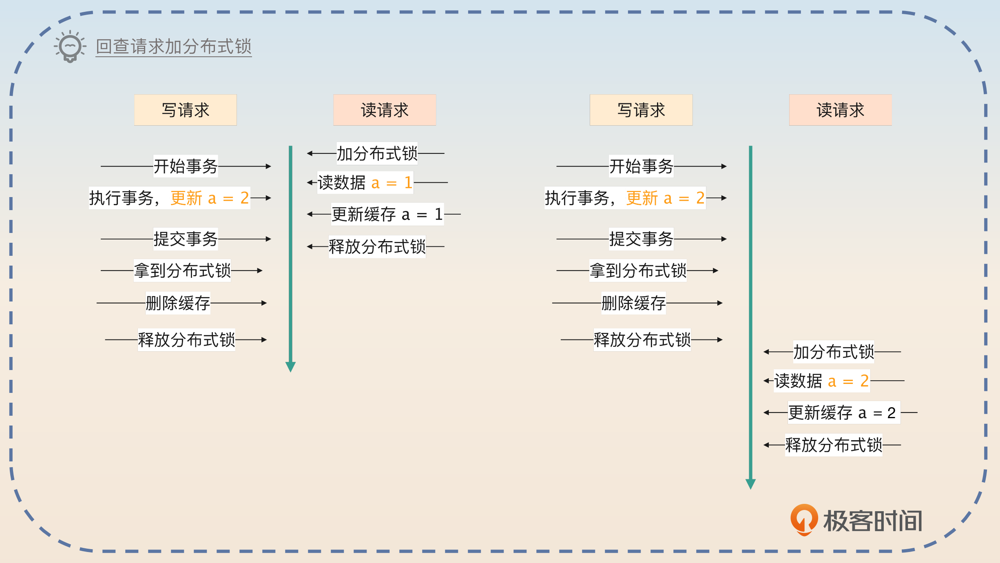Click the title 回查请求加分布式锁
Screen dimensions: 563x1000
[174, 47]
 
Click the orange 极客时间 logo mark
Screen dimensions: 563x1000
[804, 520]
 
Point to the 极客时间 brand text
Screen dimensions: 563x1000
[873, 521]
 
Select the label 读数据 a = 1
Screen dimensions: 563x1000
[365, 183]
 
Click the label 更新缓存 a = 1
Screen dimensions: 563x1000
[387, 214]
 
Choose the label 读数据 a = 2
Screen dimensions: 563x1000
[821, 381]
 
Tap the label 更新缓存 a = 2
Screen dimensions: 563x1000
[843, 413]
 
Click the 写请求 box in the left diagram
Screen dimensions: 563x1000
[186, 110]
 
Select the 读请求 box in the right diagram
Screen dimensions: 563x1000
[841, 110]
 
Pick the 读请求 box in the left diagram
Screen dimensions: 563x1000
[385, 110]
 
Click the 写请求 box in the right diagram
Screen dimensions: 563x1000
[641, 110]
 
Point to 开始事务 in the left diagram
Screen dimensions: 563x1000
[186, 166]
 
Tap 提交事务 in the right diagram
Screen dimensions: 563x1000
[641, 239]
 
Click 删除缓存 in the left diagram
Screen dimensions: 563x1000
[178, 303]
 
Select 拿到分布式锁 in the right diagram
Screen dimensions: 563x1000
[638, 270]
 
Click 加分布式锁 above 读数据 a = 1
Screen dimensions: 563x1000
[377, 154]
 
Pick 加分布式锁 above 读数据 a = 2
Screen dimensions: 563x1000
[834, 352]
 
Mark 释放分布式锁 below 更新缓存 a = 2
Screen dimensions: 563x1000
[834, 445]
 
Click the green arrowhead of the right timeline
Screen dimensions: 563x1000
[750, 484]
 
